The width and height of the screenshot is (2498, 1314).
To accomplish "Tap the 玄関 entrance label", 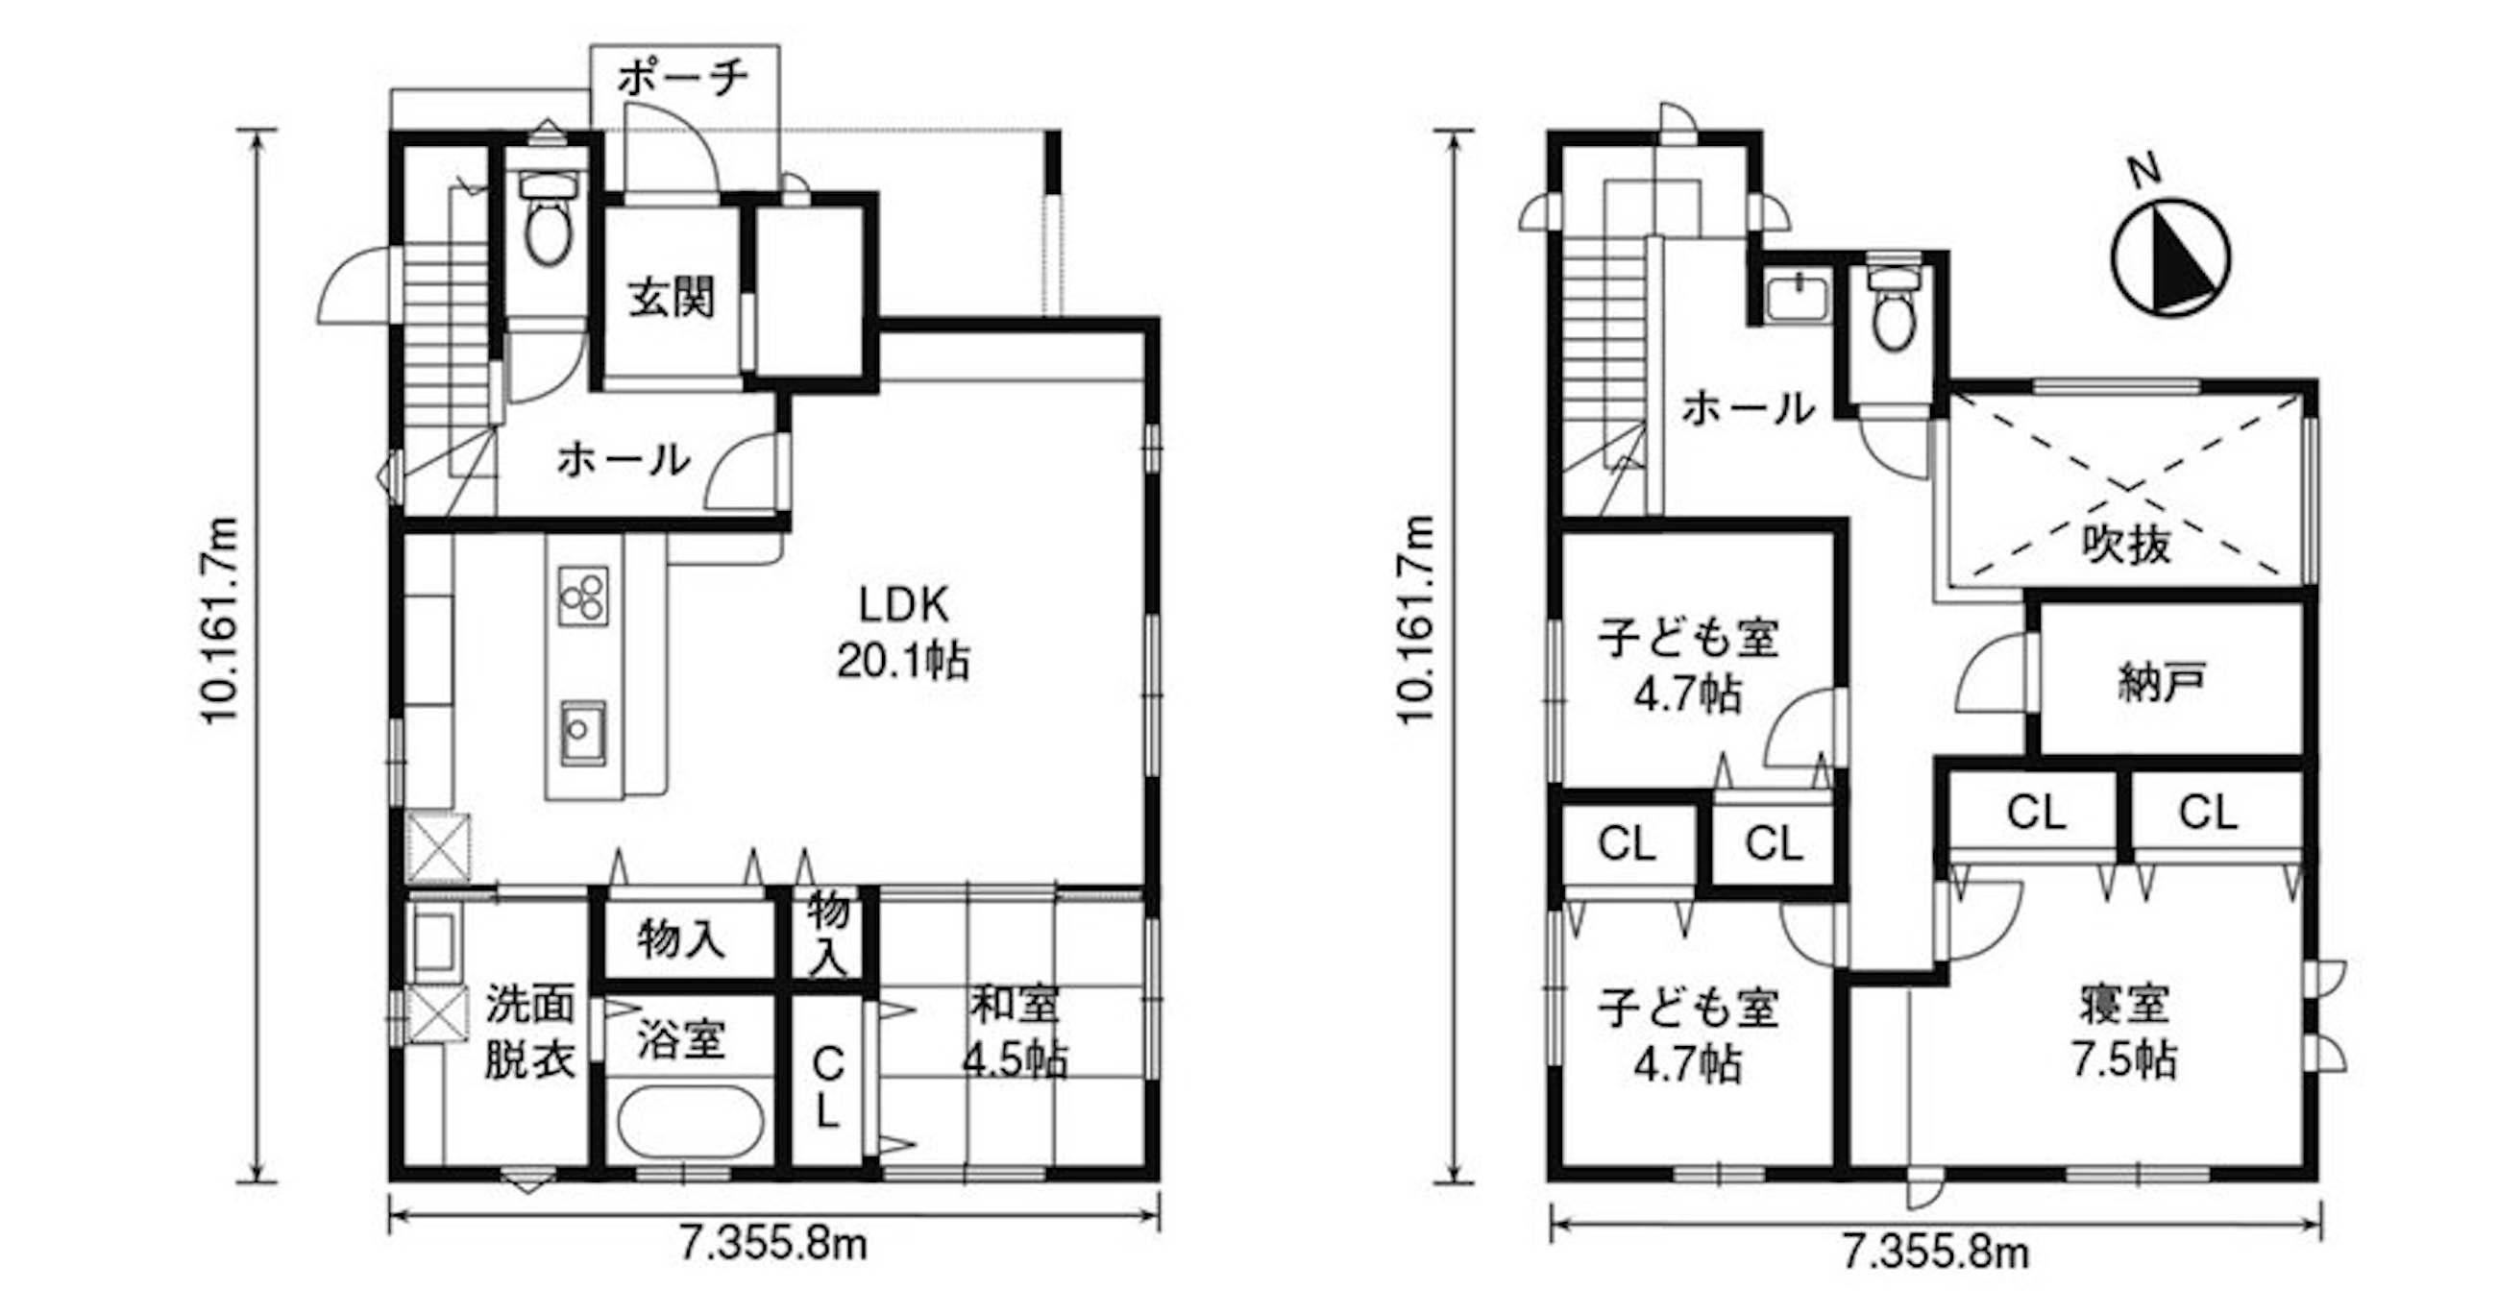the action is [x=671, y=297].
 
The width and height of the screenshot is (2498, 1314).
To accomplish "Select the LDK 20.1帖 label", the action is [x=903, y=632].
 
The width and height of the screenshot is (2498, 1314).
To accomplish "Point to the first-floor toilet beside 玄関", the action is [x=549, y=217].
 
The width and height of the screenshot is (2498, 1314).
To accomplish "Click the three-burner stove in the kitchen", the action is [x=583, y=596].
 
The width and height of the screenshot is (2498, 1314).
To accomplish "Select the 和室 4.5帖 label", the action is [x=1015, y=1034].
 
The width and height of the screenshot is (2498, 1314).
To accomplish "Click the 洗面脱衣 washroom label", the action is [x=529, y=1032].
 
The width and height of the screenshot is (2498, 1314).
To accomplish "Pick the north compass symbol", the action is [x=2171, y=257].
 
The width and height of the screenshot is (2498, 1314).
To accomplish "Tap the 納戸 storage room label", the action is [x=2162, y=683].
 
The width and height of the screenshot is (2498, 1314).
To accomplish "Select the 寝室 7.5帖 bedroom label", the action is [x=2123, y=1033].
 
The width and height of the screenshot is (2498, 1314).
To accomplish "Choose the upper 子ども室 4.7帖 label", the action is [x=1688, y=667].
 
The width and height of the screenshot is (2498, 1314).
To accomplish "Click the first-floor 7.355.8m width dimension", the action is [x=772, y=1243].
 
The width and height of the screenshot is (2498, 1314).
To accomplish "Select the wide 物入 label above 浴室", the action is [x=681, y=938].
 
